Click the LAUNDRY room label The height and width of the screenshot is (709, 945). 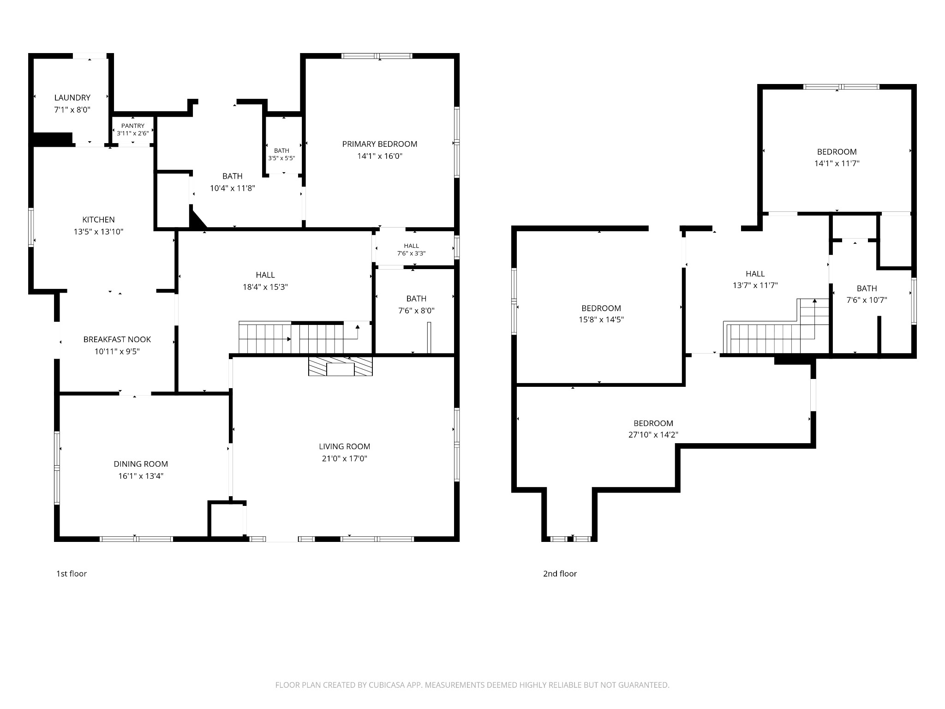click(x=72, y=98)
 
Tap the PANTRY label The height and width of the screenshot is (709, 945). click(x=133, y=126)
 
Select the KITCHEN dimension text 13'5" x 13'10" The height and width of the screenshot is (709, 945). click(x=99, y=232)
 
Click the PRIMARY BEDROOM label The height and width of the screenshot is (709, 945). click(x=380, y=144)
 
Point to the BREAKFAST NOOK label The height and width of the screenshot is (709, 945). click(x=117, y=339)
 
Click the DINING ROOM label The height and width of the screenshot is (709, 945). click(x=141, y=464)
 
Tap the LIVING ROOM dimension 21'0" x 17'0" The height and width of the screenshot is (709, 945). click(x=345, y=458)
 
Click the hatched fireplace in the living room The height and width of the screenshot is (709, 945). click(x=341, y=366)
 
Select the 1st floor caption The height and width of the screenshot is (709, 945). click(x=72, y=574)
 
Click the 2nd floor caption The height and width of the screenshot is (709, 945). click(x=560, y=574)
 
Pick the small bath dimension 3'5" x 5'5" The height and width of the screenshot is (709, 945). click(x=281, y=158)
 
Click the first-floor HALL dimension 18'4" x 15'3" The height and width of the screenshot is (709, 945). click(x=265, y=287)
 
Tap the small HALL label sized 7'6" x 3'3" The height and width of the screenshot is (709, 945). click(x=412, y=246)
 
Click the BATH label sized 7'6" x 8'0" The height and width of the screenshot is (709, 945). click(x=417, y=299)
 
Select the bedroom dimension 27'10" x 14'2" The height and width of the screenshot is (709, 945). click(x=653, y=435)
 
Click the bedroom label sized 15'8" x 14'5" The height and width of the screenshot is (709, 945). click(x=601, y=308)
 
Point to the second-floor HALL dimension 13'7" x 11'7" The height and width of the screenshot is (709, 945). click(x=755, y=285)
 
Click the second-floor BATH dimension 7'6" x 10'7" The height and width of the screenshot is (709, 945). click(x=867, y=300)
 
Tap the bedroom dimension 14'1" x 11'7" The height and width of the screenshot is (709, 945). click(x=837, y=163)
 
